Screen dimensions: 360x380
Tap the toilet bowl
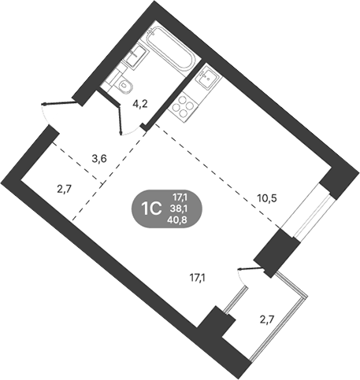click(126, 85)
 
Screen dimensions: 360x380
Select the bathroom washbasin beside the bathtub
click(136, 56)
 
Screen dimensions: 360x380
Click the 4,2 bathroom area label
click(140, 105)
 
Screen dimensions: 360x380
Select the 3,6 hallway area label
click(99, 158)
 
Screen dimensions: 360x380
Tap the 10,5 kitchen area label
click(267, 198)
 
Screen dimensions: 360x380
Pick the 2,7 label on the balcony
click(266, 319)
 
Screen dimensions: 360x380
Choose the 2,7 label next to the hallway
click(65, 189)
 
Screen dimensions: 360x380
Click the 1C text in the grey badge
click(150, 209)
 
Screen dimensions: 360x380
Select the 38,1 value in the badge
click(180, 208)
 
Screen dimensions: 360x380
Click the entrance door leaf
click(61, 103)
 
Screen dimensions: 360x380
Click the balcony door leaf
click(251, 268)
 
